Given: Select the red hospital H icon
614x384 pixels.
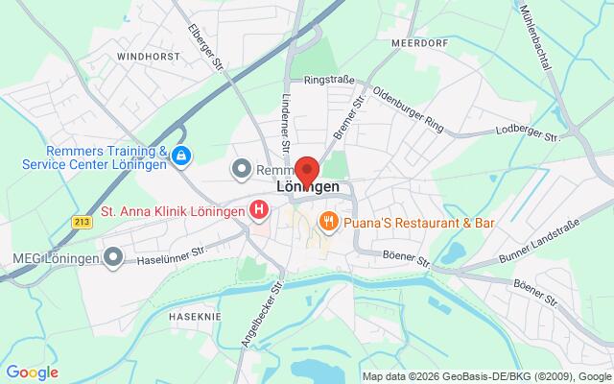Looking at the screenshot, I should click(x=258, y=208).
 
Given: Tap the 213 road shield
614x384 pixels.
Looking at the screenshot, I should click(x=81, y=221).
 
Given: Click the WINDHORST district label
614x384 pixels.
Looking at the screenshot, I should click(x=148, y=58).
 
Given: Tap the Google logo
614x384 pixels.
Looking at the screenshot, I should click(x=32, y=372).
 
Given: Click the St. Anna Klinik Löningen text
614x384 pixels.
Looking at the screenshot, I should click(x=173, y=207).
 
